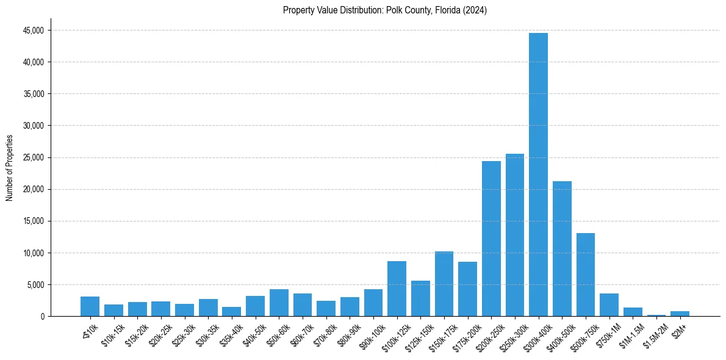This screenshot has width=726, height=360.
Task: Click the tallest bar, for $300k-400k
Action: tap(538, 175)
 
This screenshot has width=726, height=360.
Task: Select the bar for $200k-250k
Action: tap(491, 239)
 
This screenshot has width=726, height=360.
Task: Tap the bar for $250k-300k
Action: tap(515, 235)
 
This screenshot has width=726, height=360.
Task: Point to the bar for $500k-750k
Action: tap(586, 275)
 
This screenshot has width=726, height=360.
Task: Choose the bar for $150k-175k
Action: tap(444, 284)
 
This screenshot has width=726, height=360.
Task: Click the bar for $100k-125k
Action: tap(397, 289)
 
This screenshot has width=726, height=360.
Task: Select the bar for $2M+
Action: tap(680, 314)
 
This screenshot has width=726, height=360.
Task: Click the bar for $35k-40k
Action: tap(231, 311)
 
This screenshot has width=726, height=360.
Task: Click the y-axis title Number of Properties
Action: tap(9, 167)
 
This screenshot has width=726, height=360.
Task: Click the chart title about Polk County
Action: tap(384, 10)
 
